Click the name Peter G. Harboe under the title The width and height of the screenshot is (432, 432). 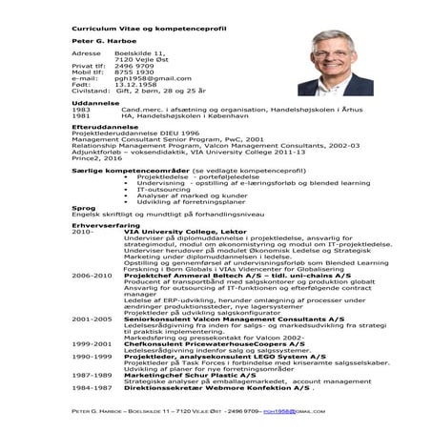click(99, 43)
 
